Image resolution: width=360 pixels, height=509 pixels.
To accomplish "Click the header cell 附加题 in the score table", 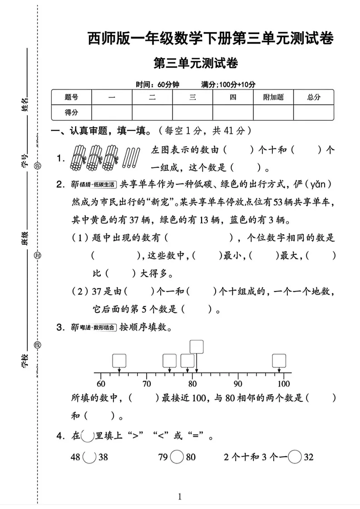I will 273,97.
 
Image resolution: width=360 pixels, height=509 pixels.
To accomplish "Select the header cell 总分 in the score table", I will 313,97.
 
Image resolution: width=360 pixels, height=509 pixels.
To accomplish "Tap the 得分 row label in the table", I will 71,112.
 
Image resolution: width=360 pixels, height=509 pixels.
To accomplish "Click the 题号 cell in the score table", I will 71,97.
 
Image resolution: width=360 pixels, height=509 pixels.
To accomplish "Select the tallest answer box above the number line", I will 197,346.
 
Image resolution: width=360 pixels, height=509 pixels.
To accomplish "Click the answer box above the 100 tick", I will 279,361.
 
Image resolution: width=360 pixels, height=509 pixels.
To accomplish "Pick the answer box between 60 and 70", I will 119,361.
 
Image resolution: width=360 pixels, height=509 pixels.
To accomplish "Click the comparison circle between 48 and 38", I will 89,457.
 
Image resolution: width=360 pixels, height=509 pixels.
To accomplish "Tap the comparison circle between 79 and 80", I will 177,457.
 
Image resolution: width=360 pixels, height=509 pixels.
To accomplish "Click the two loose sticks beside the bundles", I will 132,157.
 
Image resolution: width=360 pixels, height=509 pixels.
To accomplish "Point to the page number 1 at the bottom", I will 180,496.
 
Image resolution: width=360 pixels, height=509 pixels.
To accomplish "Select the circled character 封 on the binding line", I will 38,256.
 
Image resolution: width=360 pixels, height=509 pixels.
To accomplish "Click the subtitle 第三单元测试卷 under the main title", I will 196,64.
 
